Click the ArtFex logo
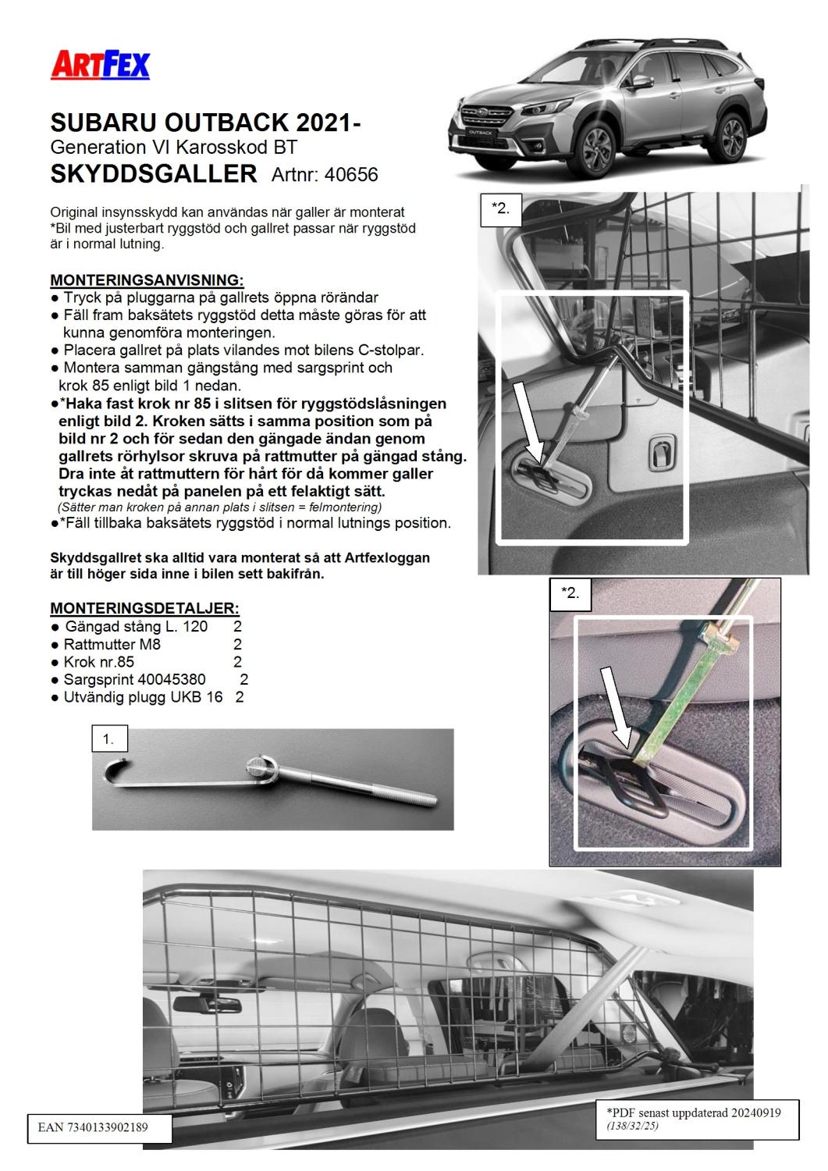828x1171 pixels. (100, 65)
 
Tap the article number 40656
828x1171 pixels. (351, 174)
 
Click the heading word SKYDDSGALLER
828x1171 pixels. (154, 173)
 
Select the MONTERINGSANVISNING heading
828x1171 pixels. (147, 279)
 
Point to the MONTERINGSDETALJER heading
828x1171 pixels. (144, 608)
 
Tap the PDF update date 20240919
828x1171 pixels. (752, 1112)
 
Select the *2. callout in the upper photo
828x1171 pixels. (500, 209)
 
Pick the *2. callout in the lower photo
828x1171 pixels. (570, 593)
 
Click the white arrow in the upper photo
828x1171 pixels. (527, 422)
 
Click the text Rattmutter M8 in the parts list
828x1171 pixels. (112, 644)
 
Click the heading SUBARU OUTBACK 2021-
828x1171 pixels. (205, 123)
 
